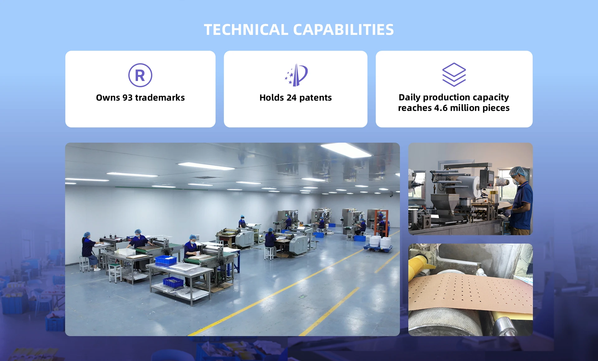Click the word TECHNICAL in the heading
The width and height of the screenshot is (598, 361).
coord(246,30)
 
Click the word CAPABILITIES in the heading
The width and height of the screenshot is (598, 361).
coord(344,30)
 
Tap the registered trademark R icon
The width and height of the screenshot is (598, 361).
coord(140,75)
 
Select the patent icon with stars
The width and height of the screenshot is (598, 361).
coord(296,75)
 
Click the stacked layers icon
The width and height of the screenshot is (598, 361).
coord(454,75)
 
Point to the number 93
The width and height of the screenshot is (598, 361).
coord(127,98)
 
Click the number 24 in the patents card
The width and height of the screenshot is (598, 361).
coord(292,98)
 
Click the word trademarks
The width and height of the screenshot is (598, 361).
coord(160,98)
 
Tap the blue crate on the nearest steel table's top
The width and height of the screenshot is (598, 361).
coord(166,260)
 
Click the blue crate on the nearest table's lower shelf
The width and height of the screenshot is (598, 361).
coord(173,282)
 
